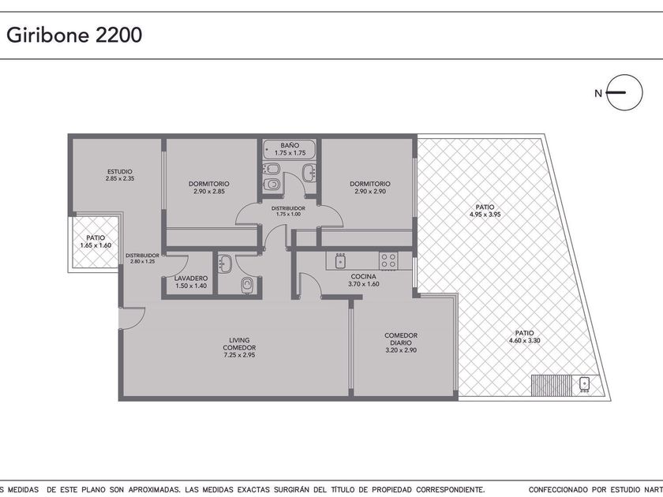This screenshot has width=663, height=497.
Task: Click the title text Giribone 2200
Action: (74, 35)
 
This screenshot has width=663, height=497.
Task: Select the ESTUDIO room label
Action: (120, 172)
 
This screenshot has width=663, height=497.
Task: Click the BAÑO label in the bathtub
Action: (290, 145)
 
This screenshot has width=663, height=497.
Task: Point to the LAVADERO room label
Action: (191, 278)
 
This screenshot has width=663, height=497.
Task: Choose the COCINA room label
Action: (364, 277)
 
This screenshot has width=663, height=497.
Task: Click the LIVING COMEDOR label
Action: (239, 344)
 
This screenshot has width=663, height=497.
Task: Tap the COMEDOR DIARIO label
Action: (401, 339)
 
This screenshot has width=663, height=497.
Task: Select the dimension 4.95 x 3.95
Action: (485, 215)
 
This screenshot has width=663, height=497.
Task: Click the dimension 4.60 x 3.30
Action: (524, 340)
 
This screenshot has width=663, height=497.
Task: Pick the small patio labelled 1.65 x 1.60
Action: (96, 241)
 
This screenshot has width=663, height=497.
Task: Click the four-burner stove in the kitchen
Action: (388, 261)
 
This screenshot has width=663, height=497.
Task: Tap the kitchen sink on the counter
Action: (340, 261)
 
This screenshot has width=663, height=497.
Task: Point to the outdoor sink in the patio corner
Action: (585, 383)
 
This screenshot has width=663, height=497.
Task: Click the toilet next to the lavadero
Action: (246, 286)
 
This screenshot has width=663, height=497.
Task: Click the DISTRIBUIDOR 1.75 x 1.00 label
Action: (288, 211)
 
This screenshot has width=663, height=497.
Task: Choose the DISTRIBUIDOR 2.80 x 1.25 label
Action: (143, 258)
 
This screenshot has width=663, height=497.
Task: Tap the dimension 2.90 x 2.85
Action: (209, 192)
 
